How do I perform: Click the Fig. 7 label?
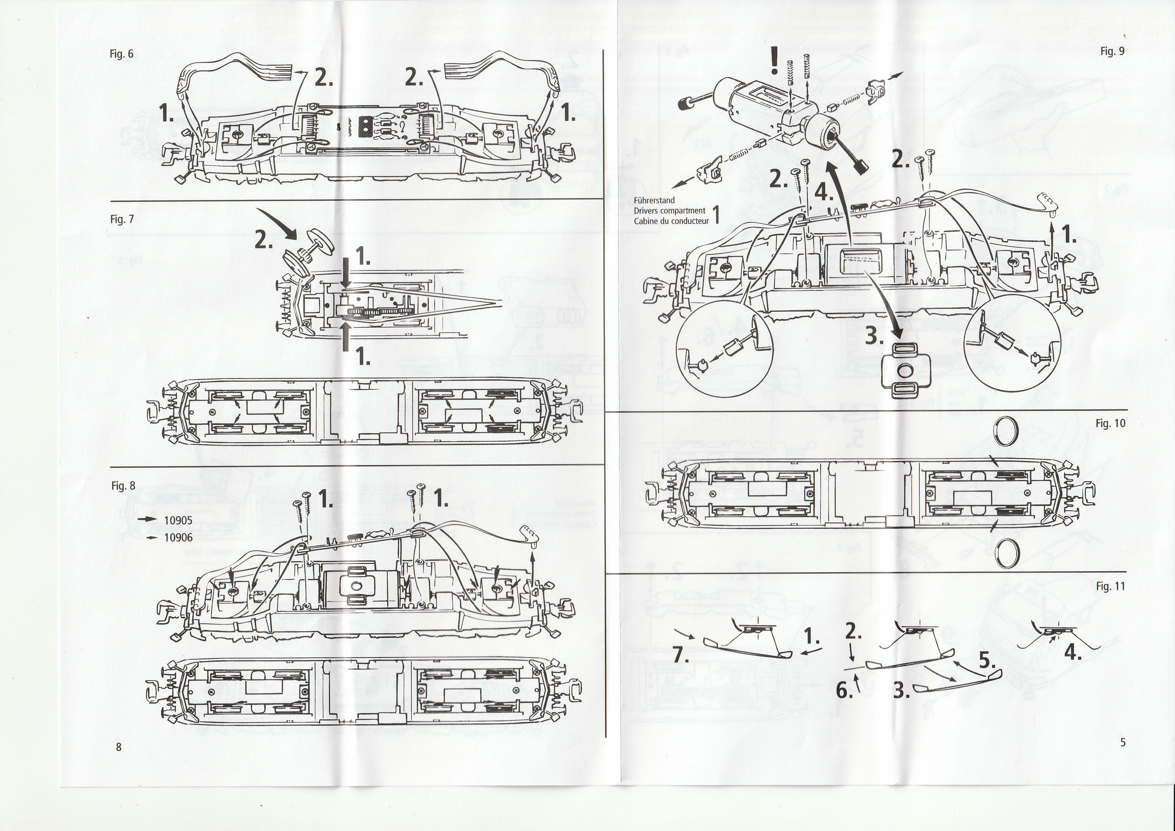pos(122,219)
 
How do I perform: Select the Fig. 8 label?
pos(123,486)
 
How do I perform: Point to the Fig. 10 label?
pos(1111,423)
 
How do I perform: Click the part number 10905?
pos(178,520)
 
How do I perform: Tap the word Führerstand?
pos(654,201)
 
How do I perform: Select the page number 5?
pos(1122,743)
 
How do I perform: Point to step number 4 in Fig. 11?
pos(1073,653)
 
